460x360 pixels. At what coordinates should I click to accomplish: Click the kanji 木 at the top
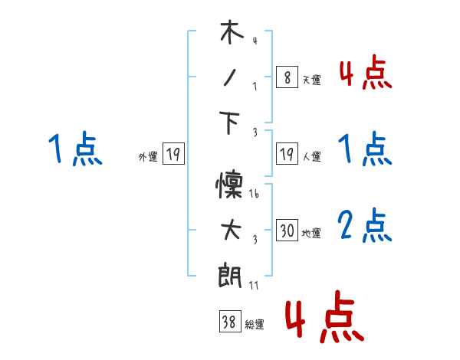(x=231, y=33)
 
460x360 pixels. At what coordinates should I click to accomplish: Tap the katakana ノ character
(x=231, y=77)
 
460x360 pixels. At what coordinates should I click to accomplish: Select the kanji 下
(x=231, y=123)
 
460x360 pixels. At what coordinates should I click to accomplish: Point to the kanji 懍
(x=231, y=188)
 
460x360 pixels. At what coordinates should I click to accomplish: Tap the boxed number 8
(x=287, y=77)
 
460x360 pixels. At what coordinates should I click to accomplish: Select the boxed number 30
(x=287, y=231)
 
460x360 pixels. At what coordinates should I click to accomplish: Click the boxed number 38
(x=228, y=323)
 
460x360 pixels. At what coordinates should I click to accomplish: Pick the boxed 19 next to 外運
(x=172, y=155)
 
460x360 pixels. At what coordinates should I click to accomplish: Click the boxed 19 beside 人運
(x=287, y=155)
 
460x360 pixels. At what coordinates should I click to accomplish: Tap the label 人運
(x=311, y=157)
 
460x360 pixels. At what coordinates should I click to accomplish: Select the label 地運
(x=311, y=233)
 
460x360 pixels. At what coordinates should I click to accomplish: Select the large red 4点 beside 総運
(x=324, y=316)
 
